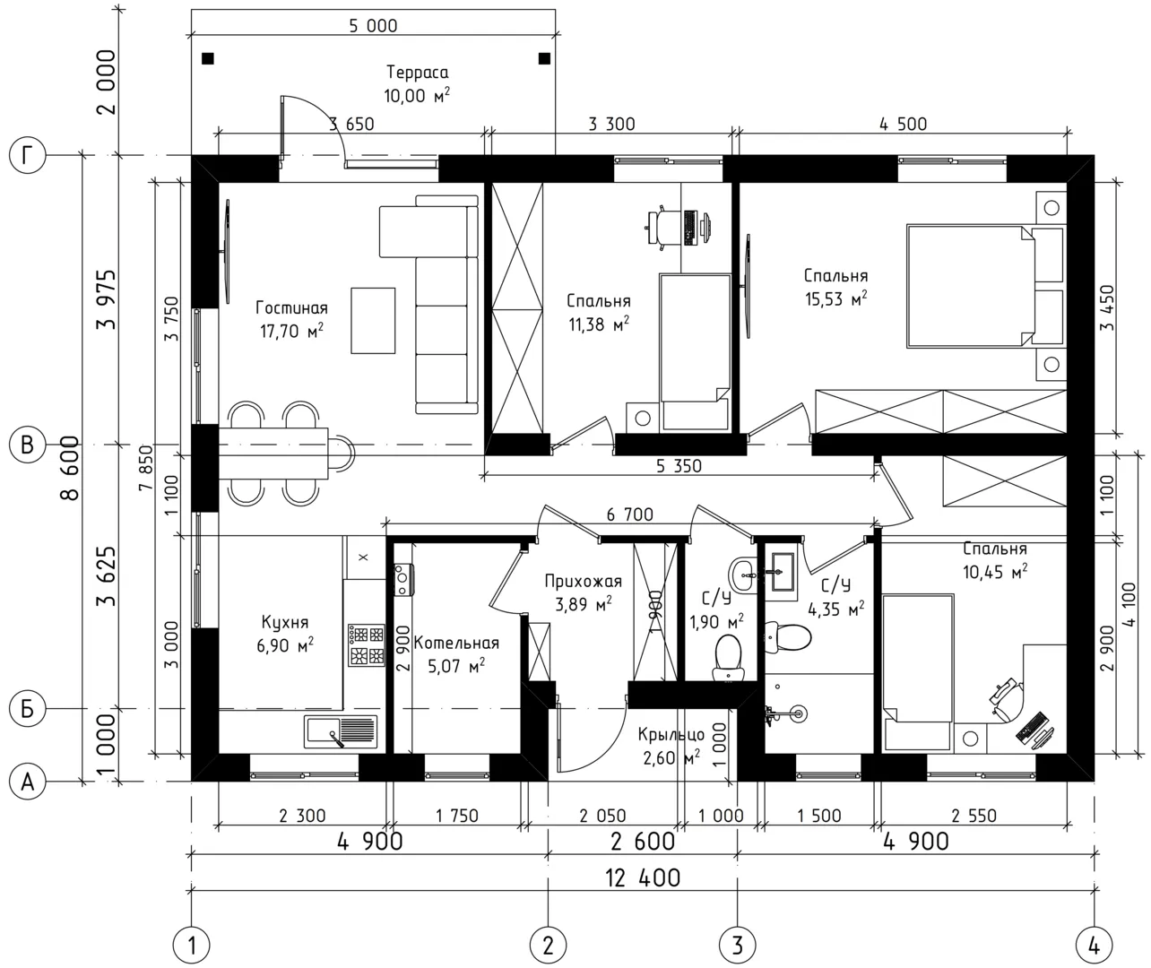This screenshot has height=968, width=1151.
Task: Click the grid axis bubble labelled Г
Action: pyautogui.click(x=27, y=155)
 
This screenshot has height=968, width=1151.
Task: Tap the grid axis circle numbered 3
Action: pyautogui.click(x=737, y=946)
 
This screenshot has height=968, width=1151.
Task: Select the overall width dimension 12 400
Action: pyautogui.click(x=643, y=878)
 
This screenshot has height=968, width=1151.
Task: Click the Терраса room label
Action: pyautogui.click(x=418, y=73)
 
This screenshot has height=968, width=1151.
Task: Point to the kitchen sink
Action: pyautogui.click(x=341, y=731)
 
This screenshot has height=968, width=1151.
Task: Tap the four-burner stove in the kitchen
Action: pyautogui.click(x=366, y=644)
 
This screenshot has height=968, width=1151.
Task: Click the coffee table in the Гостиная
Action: pyautogui.click(x=373, y=320)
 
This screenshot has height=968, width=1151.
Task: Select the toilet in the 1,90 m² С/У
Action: pyautogui.click(x=728, y=658)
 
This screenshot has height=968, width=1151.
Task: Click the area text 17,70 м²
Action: pyautogui.click(x=291, y=331)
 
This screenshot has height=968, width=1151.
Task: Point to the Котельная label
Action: pyautogui.click(x=456, y=643)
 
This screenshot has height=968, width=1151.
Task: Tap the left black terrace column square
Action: pyautogui.click(x=208, y=58)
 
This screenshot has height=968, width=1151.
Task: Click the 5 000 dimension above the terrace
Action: pyautogui.click(x=373, y=26)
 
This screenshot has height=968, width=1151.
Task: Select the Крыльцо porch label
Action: pyautogui.click(x=671, y=734)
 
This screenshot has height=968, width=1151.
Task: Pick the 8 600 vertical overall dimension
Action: pyautogui.click(x=70, y=468)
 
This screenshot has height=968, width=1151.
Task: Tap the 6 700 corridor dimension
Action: pyautogui.click(x=630, y=514)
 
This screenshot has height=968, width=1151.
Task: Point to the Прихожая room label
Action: pyautogui.click(x=584, y=581)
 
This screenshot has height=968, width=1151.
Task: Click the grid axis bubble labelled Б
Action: pyautogui.click(x=27, y=709)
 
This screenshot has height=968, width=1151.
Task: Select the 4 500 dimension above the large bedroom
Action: pyautogui.click(x=903, y=124)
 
